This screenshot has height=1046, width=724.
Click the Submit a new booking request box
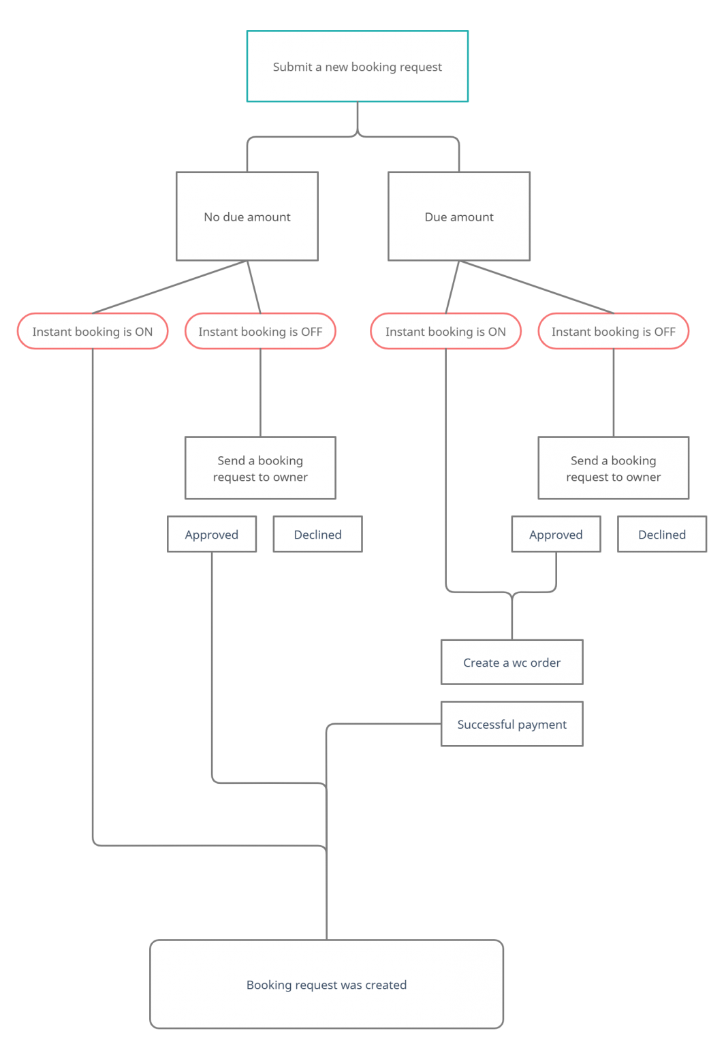(357, 66)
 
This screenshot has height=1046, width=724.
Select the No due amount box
(247, 217)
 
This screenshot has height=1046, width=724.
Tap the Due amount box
(458, 217)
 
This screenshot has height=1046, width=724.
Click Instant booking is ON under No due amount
(92, 332)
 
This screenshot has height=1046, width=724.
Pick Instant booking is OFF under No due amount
(260, 332)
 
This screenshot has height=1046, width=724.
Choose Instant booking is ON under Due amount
(445, 332)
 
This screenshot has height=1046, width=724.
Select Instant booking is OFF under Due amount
(613, 332)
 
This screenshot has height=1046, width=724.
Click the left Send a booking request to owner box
(260, 469)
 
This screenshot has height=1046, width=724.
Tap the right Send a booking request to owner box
(613, 469)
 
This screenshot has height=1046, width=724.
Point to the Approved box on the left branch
(212, 535)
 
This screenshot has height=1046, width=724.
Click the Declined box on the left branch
(317, 535)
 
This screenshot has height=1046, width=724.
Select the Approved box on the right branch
(556, 535)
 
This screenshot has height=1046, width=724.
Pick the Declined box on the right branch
(662, 535)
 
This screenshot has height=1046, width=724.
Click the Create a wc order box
(511, 663)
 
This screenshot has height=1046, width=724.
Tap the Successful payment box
(511, 725)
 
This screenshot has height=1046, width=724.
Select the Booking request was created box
(326, 985)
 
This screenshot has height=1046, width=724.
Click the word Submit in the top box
(292, 67)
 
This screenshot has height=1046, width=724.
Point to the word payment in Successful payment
(542, 725)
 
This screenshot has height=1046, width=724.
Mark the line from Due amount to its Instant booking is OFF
(536, 287)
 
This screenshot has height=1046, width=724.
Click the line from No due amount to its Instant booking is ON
(169, 287)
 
